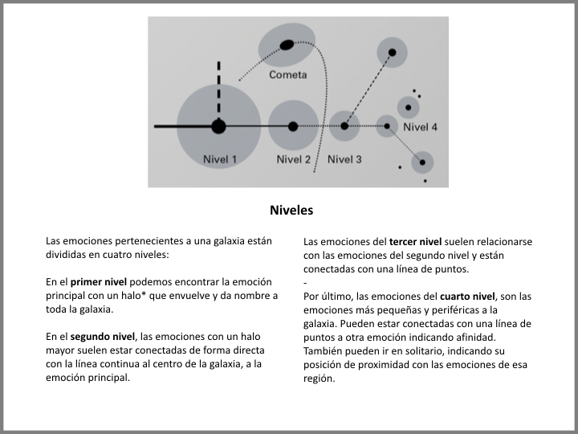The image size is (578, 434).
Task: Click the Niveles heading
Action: click(291, 211)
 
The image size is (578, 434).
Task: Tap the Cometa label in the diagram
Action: click(288, 75)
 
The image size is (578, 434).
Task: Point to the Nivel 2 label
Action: click(293, 159)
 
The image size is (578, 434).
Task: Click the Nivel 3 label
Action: click(344, 159)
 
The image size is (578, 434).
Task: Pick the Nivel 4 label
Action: click(420, 127)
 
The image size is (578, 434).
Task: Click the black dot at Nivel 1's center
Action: click(218, 126)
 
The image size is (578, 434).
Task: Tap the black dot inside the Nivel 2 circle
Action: click(293, 126)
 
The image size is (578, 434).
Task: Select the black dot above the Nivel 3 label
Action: click(344, 126)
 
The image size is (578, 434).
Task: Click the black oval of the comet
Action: click(286, 44)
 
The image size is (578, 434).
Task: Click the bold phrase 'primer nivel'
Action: click(99, 282)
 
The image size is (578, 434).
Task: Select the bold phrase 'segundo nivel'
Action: click(102, 337)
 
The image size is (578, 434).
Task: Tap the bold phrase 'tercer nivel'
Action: click(415, 241)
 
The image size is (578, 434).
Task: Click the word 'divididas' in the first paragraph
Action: click(67, 255)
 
